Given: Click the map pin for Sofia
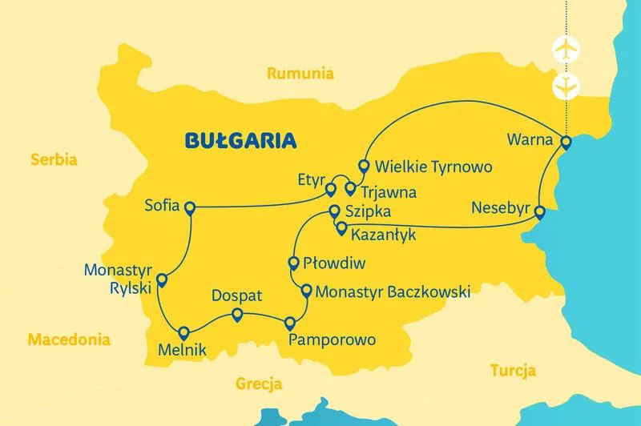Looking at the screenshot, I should click(190, 208).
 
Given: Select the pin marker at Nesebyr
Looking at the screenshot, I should click(540, 212).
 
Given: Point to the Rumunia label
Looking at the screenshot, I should click(300, 74).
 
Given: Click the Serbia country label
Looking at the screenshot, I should click(54, 159).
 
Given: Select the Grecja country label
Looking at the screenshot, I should click(259, 384).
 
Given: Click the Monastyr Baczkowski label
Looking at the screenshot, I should click(393, 292).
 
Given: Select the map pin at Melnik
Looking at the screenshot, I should click(183, 333).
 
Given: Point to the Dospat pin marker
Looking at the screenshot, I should click(236, 315).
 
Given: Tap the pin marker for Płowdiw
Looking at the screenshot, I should click(293, 263).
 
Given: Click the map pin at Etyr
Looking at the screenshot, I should click(329, 190).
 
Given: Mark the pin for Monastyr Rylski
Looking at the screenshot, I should click(161, 280).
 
